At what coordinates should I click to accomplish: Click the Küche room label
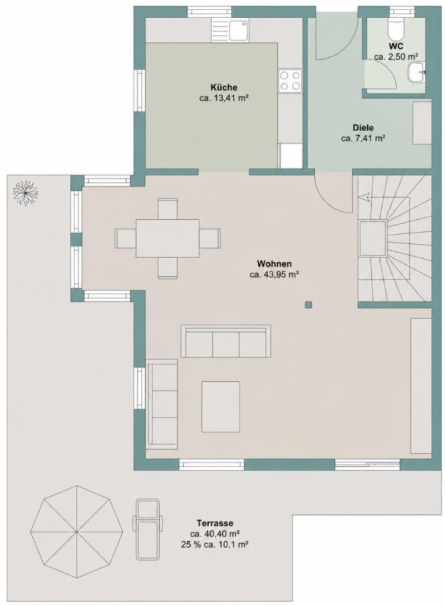point(224,87)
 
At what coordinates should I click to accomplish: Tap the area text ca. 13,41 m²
point(223,98)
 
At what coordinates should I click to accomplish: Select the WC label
point(396,46)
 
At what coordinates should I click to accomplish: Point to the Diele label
point(363,128)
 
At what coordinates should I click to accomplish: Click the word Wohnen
point(274,264)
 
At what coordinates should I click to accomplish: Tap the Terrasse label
point(215,523)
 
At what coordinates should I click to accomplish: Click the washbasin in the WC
point(416,73)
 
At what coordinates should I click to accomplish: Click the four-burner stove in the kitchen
point(290,81)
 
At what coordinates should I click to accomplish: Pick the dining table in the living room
point(168,238)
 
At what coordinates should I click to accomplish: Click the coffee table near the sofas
point(220,406)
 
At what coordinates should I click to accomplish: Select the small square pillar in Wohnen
point(308,305)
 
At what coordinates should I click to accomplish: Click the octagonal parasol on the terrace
point(77,532)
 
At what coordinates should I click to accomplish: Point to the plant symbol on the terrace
point(26,192)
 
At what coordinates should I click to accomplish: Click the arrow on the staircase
point(364,197)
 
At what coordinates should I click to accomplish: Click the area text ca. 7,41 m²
point(363,138)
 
